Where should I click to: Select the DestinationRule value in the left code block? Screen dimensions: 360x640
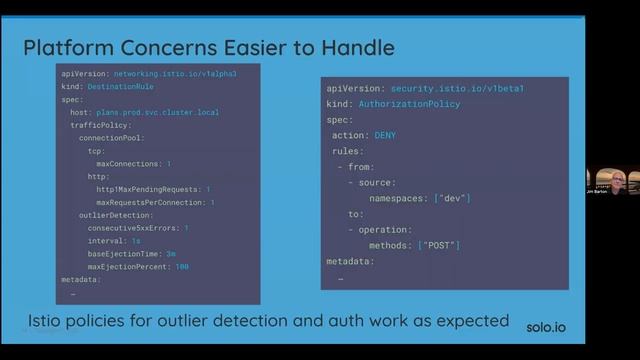pyautogui.click(x=118, y=86)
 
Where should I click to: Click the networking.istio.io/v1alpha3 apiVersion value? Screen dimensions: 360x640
pyautogui.click(x=174, y=74)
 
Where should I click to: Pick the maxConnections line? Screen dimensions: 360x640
pyautogui.click(x=132, y=163)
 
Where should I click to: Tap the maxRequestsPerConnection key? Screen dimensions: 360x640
pyautogui.click(x=151, y=202)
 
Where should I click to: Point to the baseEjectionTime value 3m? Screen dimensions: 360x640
pyautogui.click(x=171, y=254)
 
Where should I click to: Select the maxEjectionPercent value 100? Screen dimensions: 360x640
pyautogui.click(x=182, y=267)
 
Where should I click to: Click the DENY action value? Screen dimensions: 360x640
pyautogui.click(x=386, y=135)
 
